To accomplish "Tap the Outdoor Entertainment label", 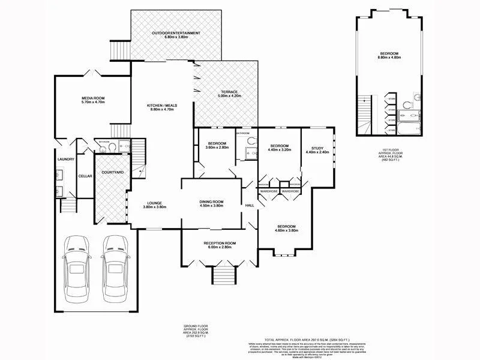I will click(x=176, y=33).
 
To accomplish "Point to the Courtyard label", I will click(x=112, y=172).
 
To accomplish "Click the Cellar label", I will click(x=85, y=176).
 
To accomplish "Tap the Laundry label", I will click(x=65, y=159).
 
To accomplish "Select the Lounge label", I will click(x=154, y=202).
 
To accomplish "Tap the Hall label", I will click(x=250, y=205).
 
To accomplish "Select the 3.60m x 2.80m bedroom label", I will click(x=217, y=143).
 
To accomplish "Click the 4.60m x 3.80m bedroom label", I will click(x=286, y=226).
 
